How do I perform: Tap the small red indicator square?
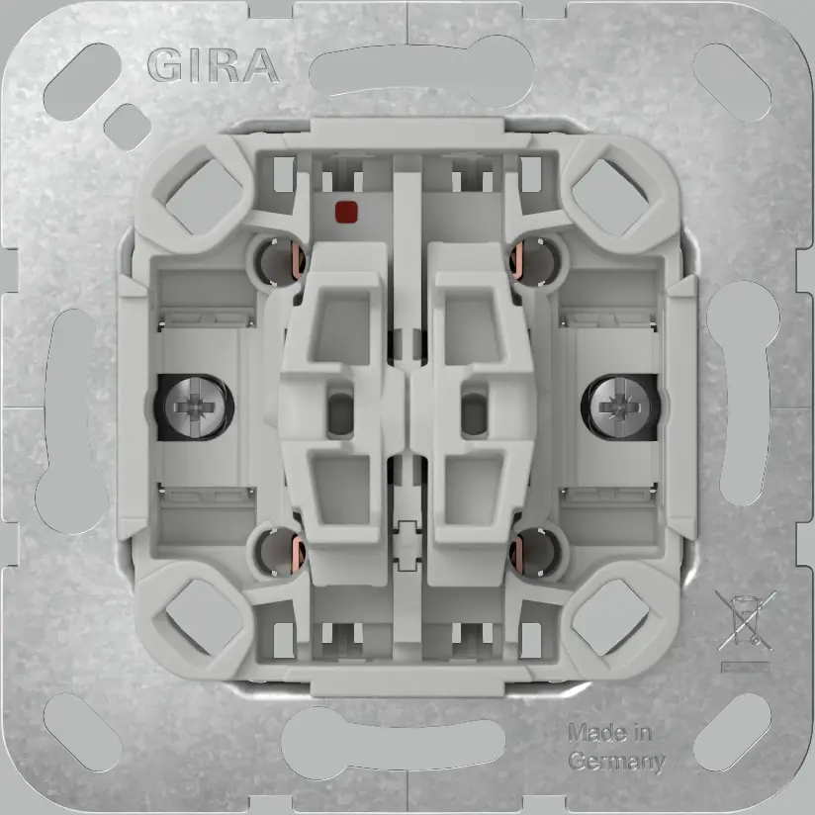[x=347, y=211]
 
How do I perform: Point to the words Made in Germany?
[x=614, y=748]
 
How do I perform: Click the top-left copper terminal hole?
[x=276, y=261]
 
